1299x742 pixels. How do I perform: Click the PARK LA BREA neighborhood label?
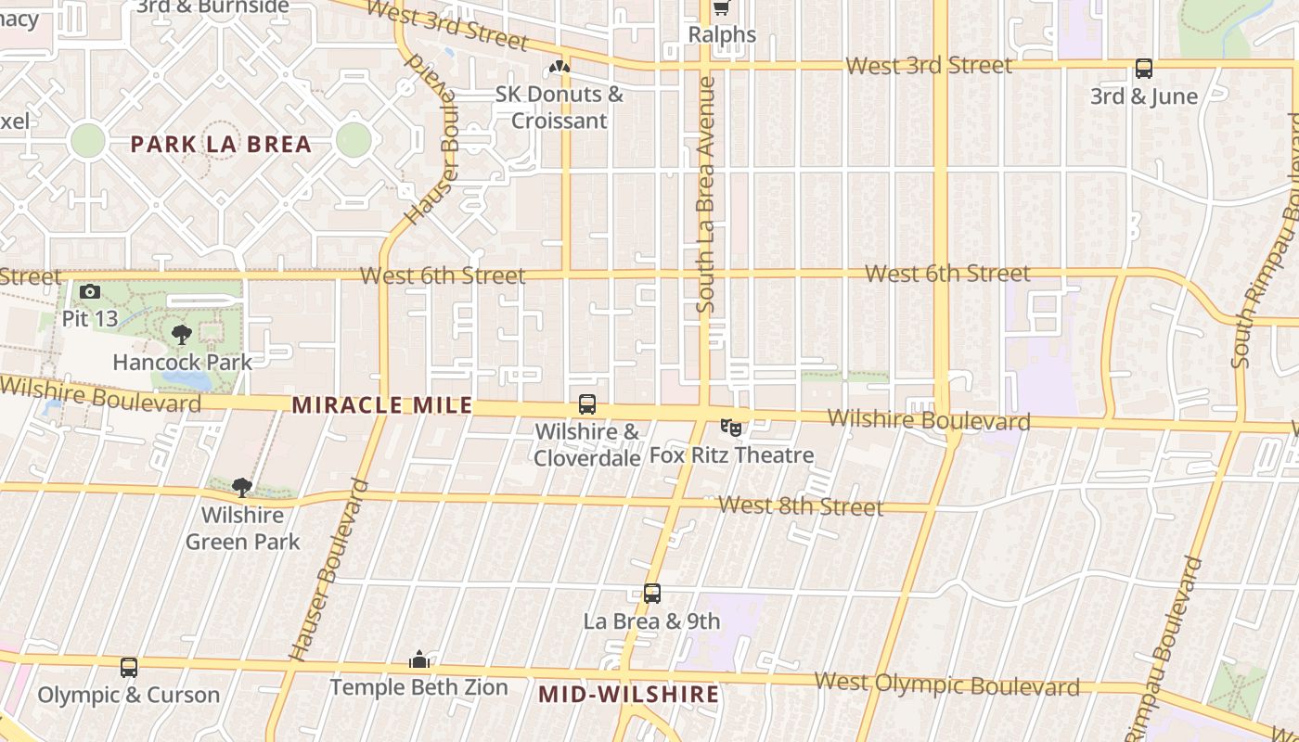click(x=221, y=145)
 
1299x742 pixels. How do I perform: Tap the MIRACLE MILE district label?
click(x=382, y=405)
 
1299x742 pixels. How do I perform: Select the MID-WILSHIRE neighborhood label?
click(x=629, y=694)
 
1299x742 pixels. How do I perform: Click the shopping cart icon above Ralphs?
click(x=721, y=8)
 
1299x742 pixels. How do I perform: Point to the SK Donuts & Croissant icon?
click(x=559, y=67)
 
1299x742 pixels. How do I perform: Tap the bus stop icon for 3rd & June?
click(x=1144, y=69)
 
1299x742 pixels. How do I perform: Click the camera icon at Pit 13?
click(x=90, y=292)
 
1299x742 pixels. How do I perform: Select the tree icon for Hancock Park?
click(x=182, y=335)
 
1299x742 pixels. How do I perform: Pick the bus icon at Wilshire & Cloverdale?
click(x=587, y=404)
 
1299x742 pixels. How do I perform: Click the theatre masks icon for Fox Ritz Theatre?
click(x=731, y=428)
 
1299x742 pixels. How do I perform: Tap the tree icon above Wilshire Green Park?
click(x=242, y=488)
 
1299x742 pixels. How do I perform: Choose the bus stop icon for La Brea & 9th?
click(x=652, y=594)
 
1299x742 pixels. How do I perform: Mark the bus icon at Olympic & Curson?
click(x=129, y=667)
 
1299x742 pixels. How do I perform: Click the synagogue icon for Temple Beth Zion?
click(x=419, y=659)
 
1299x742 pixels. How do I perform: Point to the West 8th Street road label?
click(x=801, y=506)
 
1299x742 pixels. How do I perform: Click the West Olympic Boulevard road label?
click(x=946, y=684)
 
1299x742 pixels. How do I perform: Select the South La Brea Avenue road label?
click(x=706, y=195)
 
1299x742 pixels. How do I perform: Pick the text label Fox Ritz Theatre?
click(x=731, y=455)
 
